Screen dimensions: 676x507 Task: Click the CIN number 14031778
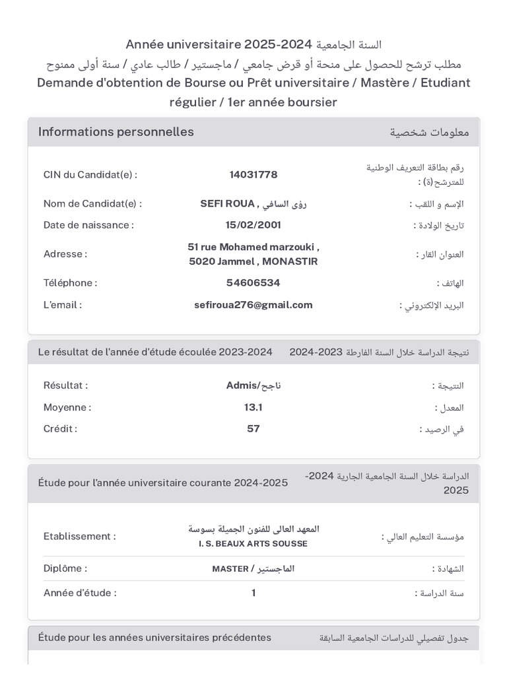point(253,175)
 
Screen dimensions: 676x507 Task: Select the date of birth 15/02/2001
point(253,225)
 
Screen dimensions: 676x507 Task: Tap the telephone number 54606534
point(253,283)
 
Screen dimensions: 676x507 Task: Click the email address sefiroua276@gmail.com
point(253,305)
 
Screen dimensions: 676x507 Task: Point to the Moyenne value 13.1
point(253,407)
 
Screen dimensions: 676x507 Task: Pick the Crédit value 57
point(253,429)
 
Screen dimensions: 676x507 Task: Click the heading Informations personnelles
point(116,132)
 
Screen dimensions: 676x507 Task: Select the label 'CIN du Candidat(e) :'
point(90,175)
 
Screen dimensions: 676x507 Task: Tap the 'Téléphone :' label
point(71,283)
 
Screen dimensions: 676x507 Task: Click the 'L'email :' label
point(63,305)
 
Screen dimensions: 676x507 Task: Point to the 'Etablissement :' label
point(80,537)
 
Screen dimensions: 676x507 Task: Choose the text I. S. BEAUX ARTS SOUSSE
point(253,544)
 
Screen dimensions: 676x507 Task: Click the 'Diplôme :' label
point(65,568)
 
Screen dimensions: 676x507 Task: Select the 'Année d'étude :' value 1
point(253,593)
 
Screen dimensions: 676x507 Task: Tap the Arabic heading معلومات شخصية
point(429,133)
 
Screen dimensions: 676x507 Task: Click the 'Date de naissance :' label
point(88,225)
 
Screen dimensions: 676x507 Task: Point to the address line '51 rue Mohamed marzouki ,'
point(253,247)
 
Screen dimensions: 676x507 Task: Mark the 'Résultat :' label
point(66,386)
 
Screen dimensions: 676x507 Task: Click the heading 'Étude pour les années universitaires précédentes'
point(155,638)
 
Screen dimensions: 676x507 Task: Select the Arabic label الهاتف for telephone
point(451,283)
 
